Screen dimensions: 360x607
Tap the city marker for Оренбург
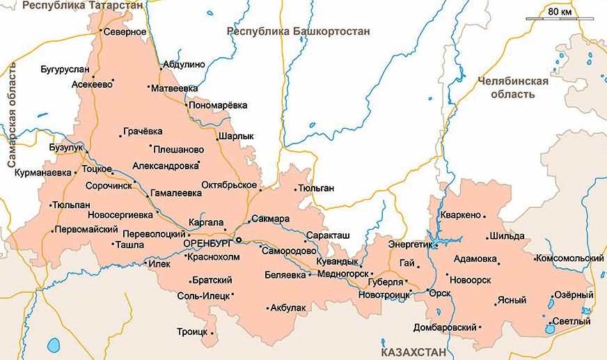coord(238,240)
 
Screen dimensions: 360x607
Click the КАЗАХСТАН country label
coord(413,353)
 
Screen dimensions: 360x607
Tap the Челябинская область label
coord(513,87)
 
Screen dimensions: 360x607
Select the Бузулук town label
coord(66,148)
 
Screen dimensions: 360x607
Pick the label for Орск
coord(440,292)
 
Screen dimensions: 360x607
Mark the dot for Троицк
coord(213,333)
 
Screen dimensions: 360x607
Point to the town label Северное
coord(126,31)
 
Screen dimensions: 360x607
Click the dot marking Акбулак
coord(268,307)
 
